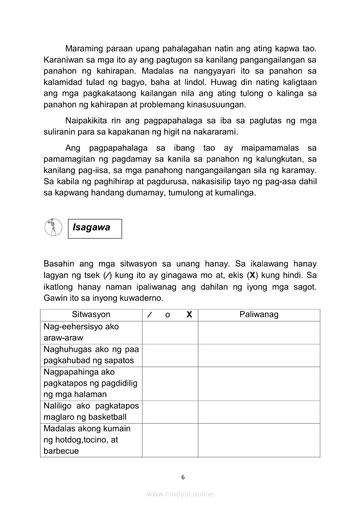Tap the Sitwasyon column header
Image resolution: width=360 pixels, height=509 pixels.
[91, 314]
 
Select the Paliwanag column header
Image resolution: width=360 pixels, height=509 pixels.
[259, 314]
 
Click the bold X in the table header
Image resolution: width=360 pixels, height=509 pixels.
[189, 315]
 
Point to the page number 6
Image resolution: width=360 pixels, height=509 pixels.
[183, 477]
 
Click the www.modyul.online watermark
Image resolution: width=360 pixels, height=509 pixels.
[180, 494]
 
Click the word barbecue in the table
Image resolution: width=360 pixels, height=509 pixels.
[61, 451]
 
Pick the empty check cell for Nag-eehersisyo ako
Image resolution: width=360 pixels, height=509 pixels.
[170, 332]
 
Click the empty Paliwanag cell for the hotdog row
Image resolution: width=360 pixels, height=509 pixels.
[259, 440]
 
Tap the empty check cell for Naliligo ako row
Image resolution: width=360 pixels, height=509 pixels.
[170, 411]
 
